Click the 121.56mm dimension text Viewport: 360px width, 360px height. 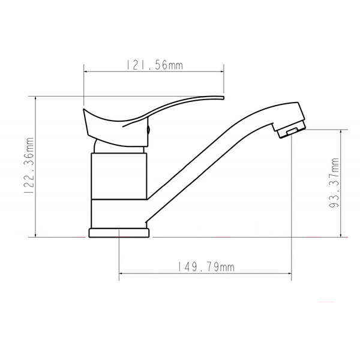point(154,65)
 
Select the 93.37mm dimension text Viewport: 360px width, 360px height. point(335,182)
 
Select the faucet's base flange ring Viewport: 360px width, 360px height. point(119,233)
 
